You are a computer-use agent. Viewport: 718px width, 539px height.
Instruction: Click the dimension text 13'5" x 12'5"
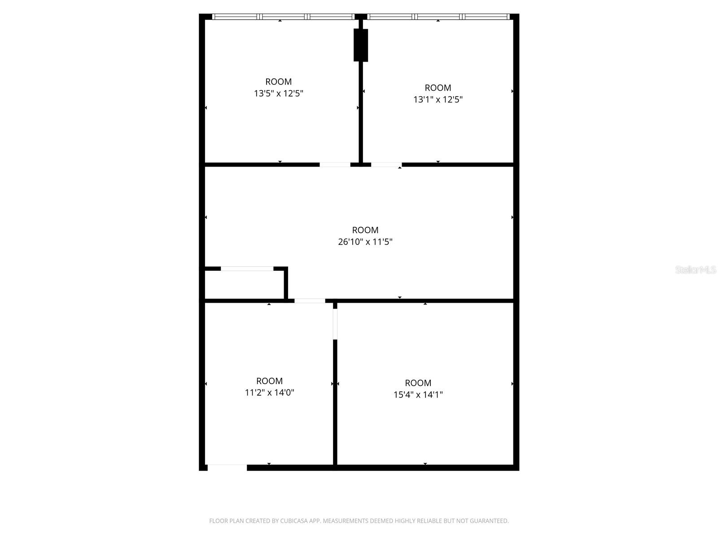click(279, 93)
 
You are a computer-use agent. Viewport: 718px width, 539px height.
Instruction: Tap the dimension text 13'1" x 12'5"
click(438, 99)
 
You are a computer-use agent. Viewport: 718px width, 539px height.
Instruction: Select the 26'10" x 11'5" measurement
click(365, 242)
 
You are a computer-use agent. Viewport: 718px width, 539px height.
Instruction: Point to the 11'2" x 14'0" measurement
click(269, 393)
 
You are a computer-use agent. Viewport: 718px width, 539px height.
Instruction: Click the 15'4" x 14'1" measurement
click(418, 395)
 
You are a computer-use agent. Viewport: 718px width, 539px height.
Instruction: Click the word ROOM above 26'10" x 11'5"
click(365, 230)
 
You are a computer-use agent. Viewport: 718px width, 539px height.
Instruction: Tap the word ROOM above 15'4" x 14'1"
click(418, 383)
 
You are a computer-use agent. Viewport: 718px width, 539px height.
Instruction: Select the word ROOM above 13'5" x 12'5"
click(279, 82)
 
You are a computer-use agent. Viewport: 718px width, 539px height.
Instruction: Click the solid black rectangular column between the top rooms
click(361, 45)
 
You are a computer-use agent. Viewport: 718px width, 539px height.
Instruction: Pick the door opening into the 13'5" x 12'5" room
click(335, 165)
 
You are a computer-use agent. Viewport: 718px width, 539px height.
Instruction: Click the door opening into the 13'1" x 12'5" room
click(386, 165)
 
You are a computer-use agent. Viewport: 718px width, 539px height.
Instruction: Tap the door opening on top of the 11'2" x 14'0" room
click(310, 300)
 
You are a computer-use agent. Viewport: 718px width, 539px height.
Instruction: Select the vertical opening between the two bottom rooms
click(335, 324)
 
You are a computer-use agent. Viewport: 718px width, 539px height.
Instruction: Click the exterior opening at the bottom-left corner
click(227, 468)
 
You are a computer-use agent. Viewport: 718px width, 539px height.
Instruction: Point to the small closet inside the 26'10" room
click(245, 284)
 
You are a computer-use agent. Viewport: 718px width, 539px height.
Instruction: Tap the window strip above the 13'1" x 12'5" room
click(438, 17)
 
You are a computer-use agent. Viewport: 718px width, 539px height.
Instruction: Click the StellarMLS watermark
click(695, 270)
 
